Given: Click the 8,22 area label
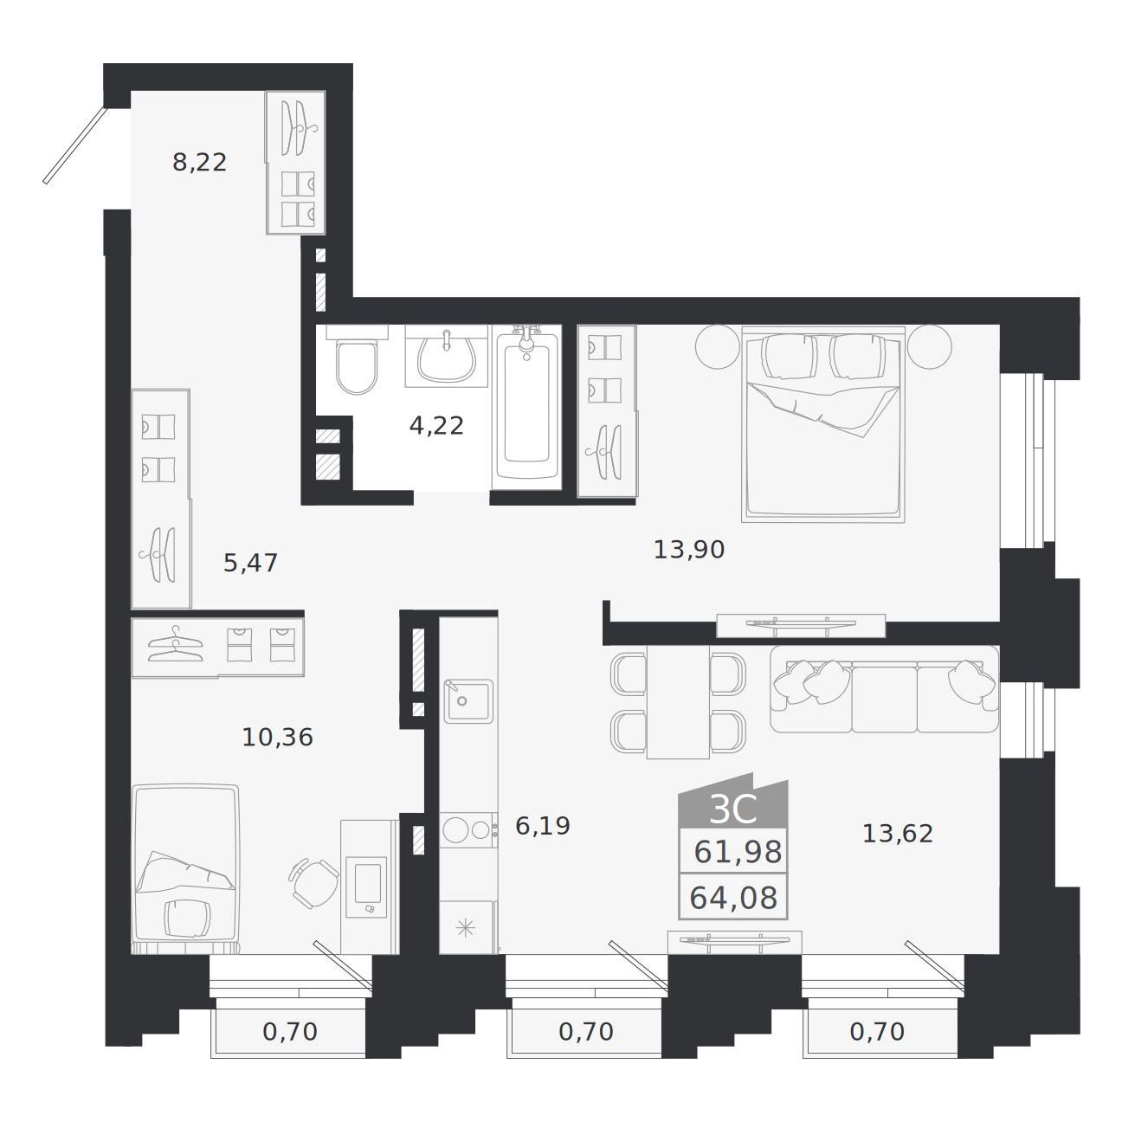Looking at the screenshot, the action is [199, 163].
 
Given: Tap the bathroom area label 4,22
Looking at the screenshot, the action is [436, 426].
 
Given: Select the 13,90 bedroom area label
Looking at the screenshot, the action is [689, 550].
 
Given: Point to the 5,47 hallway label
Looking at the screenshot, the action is [250, 563].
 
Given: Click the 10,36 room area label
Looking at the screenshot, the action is [277, 738].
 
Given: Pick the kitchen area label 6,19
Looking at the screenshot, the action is [543, 826].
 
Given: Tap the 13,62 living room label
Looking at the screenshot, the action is [897, 835].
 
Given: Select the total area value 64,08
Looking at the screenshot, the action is [733, 898].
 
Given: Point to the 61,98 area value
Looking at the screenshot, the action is [738, 853].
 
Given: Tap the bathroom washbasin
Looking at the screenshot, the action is [447, 356].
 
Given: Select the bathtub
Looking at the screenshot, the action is [527, 407].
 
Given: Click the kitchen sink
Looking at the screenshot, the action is [468, 701].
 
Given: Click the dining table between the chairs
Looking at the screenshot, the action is [678, 701].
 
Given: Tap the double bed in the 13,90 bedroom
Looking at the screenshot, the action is [823, 424].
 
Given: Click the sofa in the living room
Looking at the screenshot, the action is [884, 689].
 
